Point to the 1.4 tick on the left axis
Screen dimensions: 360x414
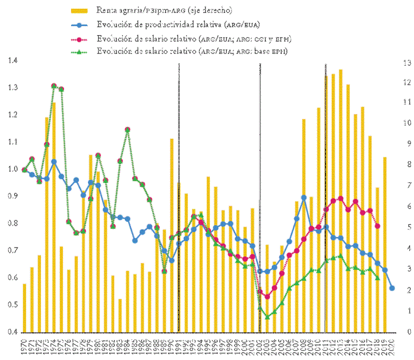tap(12, 61)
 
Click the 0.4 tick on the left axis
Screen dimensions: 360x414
tap(12, 332)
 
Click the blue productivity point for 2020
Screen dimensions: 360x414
tap(392, 288)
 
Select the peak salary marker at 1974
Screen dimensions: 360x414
tap(54, 86)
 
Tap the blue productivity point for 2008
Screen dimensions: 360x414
tap(304, 198)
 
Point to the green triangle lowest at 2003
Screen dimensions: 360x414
tap(267, 317)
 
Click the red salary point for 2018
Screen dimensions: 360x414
tap(377, 226)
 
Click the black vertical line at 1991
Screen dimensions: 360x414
tap(179, 195)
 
